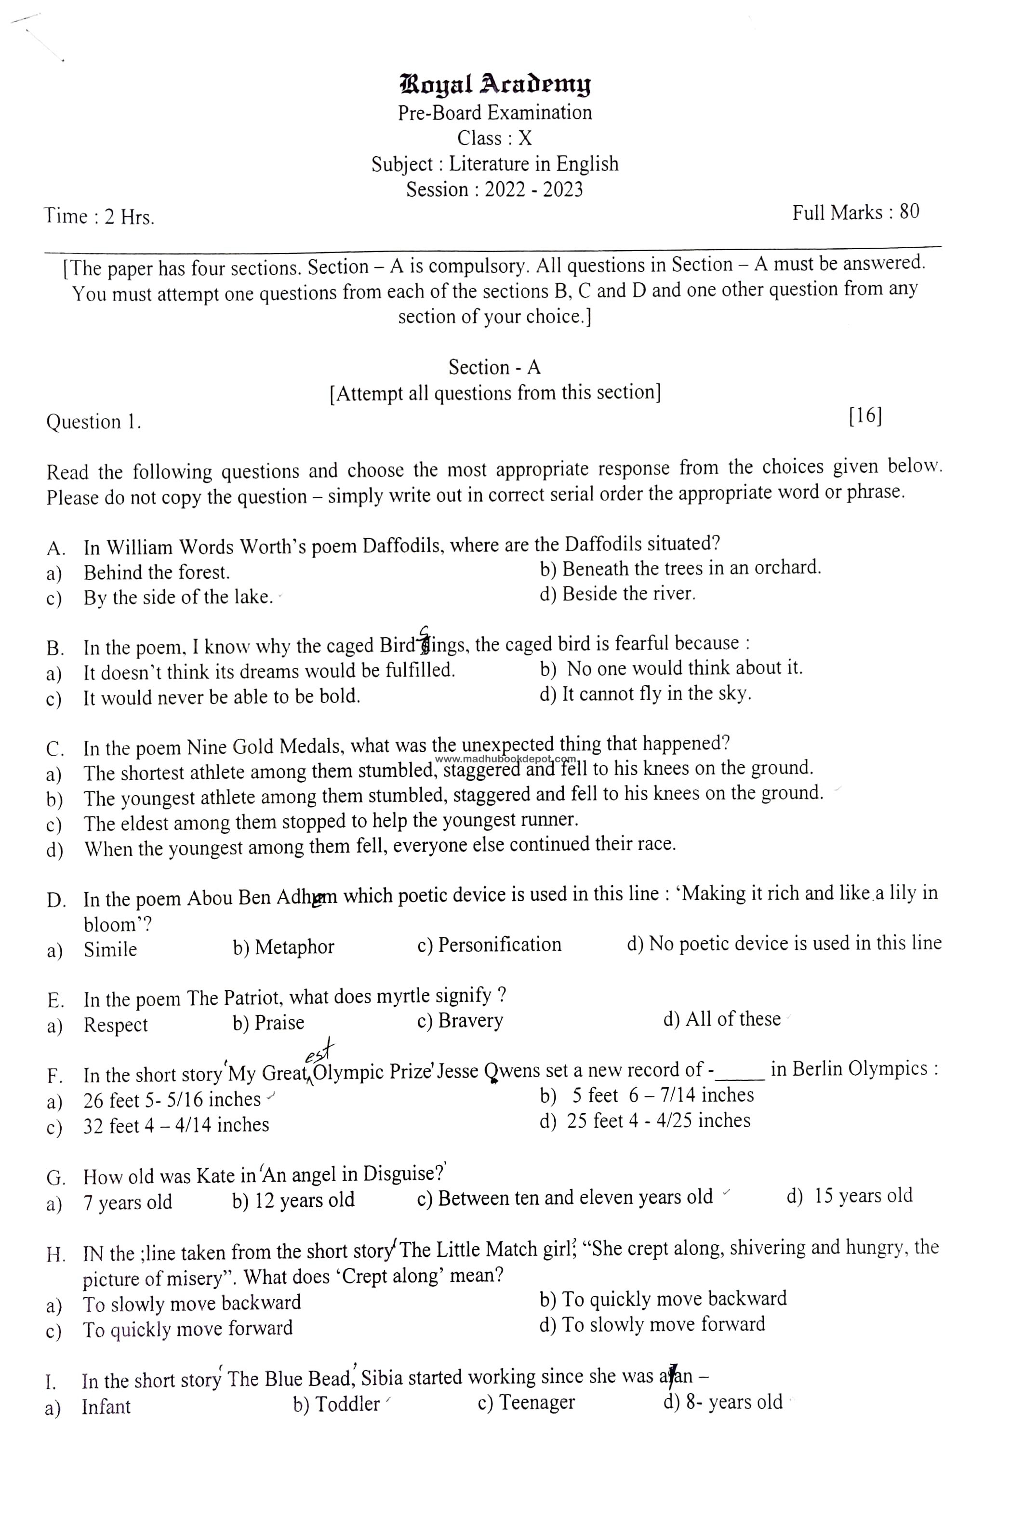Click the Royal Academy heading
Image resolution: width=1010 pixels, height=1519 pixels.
point(495,84)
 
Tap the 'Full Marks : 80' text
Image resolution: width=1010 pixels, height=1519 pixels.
point(855,213)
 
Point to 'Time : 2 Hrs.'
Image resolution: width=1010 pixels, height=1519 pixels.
point(99,217)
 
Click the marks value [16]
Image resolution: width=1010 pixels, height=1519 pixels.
point(865,416)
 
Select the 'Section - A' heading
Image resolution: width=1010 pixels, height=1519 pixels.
point(494,367)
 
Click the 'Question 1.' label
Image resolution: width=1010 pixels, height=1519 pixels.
point(93,422)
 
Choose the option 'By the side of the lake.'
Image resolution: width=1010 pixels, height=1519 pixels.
point(178,598)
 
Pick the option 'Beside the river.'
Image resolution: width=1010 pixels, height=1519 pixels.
point(629,593)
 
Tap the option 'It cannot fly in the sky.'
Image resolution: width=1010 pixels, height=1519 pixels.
point(656,694)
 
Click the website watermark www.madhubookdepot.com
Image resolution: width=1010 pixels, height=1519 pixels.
point(506,759)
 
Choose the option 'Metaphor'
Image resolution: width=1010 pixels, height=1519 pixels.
point(294,947)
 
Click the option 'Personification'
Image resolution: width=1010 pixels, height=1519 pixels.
point(499,945)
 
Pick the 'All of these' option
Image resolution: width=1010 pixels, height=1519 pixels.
point(732,1019)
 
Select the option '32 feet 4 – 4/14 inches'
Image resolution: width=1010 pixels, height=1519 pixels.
point(176,1125)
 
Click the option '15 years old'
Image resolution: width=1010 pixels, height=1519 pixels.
point(863,1196)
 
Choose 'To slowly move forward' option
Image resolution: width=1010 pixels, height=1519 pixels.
point(664,1324)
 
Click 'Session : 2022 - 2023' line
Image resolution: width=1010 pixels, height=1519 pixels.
point(494,189)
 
